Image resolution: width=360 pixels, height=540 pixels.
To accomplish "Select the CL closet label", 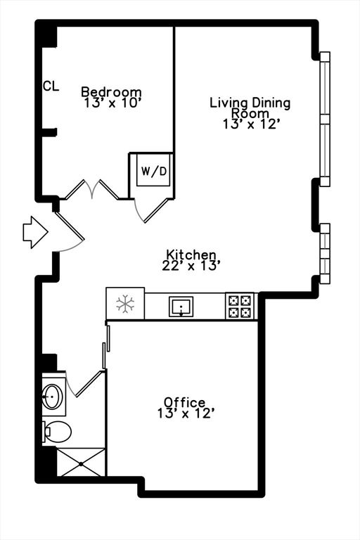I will coord(51,86).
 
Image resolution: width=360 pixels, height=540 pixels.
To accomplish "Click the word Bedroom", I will coord(111,92).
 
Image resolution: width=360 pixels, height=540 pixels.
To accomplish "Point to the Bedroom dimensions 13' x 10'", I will coord(111,103).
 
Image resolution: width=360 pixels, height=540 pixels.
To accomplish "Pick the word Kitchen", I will coord(191,255).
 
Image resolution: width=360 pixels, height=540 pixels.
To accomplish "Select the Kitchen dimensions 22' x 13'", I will coord(191,266).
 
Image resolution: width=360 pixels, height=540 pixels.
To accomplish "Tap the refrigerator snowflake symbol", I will coord(125,304).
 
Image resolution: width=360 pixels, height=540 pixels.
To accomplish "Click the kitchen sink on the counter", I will coord(181,307).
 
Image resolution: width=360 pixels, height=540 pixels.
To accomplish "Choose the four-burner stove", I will coord(239,307).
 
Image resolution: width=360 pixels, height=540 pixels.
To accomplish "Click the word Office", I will coord(185,402).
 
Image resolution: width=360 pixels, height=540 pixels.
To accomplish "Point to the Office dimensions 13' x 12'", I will coord(186,413).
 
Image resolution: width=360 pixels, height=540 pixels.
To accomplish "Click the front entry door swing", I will coord(70,229).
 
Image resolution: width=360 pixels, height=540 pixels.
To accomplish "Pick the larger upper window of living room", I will coord(325,120).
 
